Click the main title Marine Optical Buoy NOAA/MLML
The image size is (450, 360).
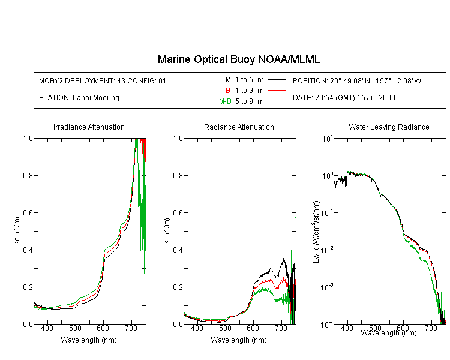(x=238, y=59)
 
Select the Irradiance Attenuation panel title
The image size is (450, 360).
(x=89, y=127)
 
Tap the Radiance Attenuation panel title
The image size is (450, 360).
(x=239, y=127)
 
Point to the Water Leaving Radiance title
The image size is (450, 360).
(x=389, y=127)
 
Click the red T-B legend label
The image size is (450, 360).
(x=224, y=91)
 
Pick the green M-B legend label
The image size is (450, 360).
(x=225, y=101)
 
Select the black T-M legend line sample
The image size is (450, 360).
(x=277, y=80)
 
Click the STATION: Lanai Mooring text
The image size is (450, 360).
(x=79, y=98)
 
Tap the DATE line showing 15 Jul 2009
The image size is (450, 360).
(x=344, y=98)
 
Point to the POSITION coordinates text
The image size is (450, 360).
(x=357, y=80)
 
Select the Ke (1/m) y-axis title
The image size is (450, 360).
(x=17, y=231)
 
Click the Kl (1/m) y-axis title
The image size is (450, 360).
(x=167, y=231)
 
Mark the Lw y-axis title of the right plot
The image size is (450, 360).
(x=317, y=232)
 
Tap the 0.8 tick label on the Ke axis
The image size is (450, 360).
(x=28, y=175)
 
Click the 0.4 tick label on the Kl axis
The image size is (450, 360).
(x=178, y=250)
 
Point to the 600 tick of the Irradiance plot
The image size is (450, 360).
(x=103, y=328)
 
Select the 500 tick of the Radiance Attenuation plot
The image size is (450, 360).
(x=225, y=328)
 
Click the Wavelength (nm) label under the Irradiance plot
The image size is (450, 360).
(x=89, y=340)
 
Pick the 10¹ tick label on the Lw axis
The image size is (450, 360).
(x=327, y=139)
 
